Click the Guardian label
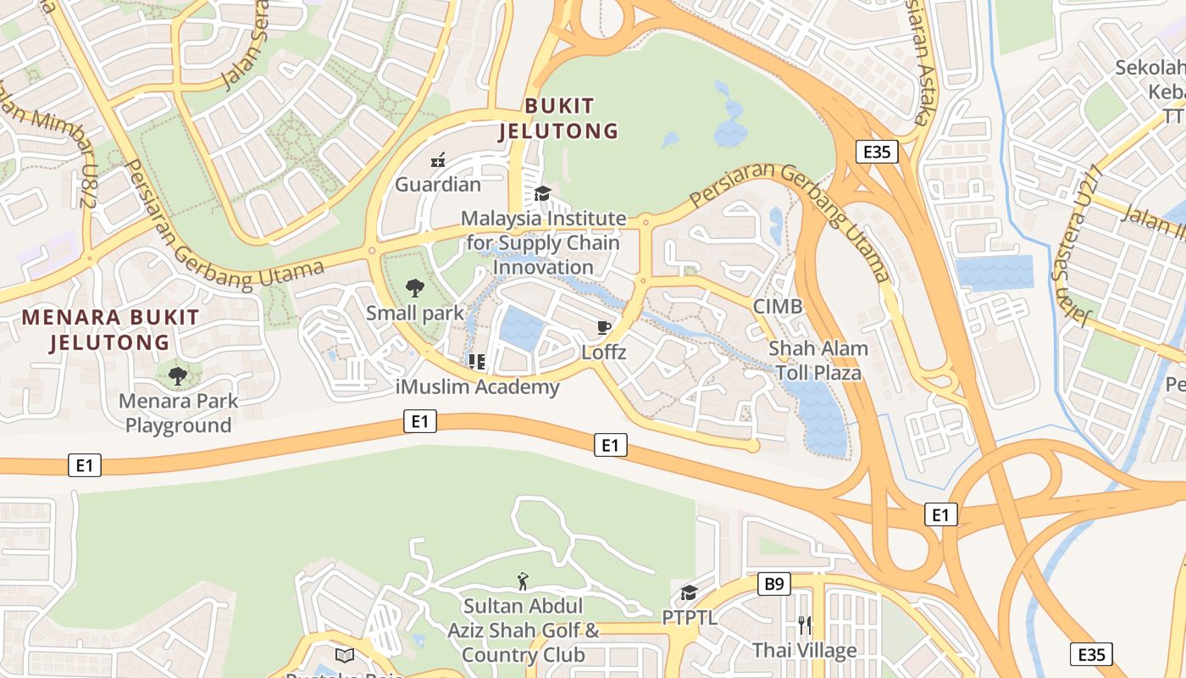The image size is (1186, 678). tap(438, 184)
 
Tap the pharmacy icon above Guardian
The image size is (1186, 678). tap(438, 159)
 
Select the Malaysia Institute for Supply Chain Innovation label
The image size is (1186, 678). tap(543, 242)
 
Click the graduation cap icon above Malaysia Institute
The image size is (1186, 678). tap(542, 194)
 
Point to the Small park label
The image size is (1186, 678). tap(415, 313)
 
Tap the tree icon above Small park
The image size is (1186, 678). tap(415, 287)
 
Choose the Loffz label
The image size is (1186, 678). tap(604, 352)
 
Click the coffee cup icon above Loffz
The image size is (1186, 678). tap(604, 327)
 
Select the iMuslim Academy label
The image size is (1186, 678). tap(478, 387)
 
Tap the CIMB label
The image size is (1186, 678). tap(778, 306)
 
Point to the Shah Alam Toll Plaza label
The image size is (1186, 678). tap(818, 360)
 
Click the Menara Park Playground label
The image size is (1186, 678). tap(178, 413)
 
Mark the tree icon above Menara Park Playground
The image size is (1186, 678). tap(177, 375)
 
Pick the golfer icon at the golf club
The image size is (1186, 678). tap(523, 581)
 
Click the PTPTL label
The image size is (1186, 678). tap(690, 617)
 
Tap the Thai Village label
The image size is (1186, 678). tap(805, 650)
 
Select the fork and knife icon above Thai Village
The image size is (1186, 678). tap(805, 625)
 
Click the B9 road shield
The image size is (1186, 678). tap(774, 584)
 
